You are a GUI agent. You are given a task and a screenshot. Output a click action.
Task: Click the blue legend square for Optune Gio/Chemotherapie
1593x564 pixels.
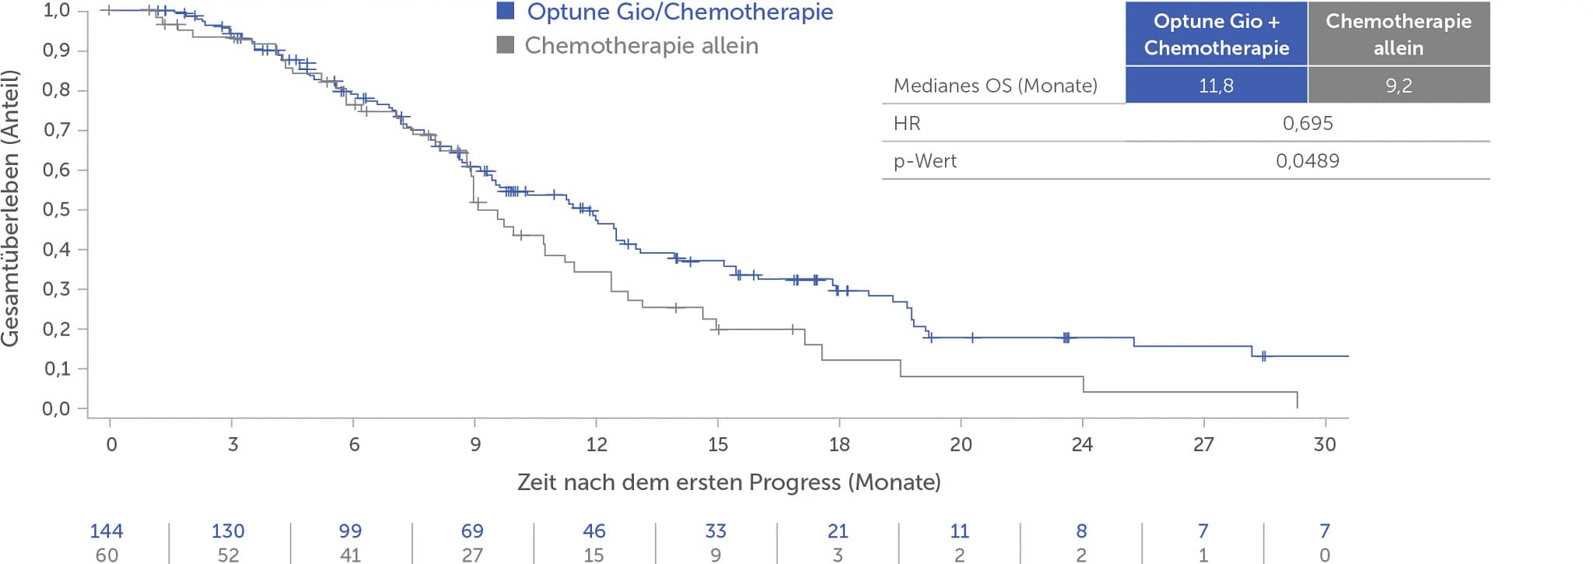coord(506,11)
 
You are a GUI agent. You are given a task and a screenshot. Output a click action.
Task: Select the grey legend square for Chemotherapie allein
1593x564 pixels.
coord(506,45)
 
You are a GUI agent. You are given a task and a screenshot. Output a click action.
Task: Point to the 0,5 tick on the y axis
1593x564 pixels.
coord(82,209)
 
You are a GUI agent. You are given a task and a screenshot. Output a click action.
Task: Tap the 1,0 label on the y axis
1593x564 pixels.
coord(56,10)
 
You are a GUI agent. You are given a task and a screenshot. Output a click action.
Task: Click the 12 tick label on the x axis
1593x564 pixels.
coord(597,444)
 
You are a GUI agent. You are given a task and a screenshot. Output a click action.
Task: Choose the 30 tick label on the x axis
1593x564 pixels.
coord(1325,444)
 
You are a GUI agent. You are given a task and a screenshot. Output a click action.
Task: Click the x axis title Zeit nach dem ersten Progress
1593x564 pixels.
coord(729,482)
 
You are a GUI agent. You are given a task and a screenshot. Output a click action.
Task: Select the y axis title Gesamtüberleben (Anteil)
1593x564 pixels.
coord(10,208)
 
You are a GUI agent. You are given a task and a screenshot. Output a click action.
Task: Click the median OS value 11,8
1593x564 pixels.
coord(1216,86)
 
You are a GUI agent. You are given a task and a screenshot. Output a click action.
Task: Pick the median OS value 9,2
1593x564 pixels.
coord(1399,86)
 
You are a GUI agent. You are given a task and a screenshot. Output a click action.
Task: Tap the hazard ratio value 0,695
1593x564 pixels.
coord(1308,123)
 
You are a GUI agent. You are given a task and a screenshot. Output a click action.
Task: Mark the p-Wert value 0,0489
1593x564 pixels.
coord(1308,161)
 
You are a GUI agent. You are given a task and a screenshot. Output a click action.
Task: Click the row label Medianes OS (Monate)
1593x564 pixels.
coord(995,86)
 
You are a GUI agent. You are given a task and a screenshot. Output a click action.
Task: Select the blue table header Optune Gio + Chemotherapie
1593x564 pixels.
coord(1217,34)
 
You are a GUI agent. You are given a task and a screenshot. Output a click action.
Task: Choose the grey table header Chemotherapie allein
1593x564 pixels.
coord(1399,34)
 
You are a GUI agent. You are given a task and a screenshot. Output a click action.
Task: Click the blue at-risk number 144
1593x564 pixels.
coord(107,531)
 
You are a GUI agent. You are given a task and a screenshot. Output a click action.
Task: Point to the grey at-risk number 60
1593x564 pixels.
coord(107,555)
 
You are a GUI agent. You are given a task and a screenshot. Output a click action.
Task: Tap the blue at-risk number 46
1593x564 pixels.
coord(594,531)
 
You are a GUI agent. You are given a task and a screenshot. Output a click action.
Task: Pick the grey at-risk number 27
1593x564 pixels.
coord(472,555)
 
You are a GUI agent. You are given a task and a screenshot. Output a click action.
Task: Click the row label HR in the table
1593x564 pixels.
coord(907,123)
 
